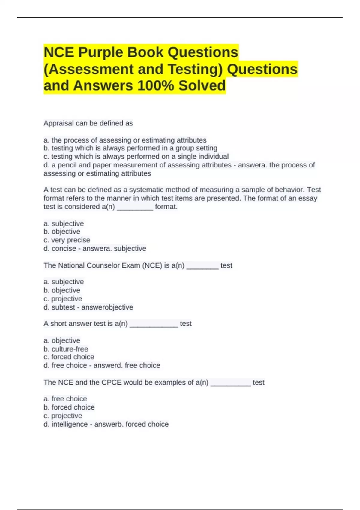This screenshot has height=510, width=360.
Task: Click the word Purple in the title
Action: [x=100, y=52]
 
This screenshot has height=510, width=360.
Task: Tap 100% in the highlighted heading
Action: [x=155, y=85]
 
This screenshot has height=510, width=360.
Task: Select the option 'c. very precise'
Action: [x=67, y=240]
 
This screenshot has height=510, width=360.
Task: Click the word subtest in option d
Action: [x=63, y=307]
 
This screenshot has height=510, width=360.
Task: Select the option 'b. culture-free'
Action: [x=66, y=349]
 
